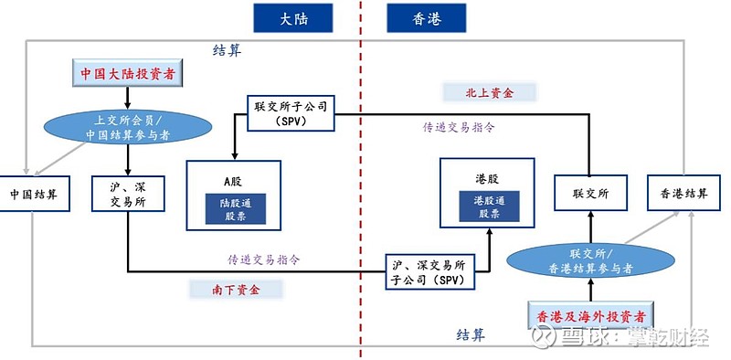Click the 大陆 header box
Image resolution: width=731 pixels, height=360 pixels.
tap(292, 17)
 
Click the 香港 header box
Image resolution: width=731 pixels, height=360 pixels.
tap(427, 17)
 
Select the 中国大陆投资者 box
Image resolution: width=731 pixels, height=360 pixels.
tap(127, 74)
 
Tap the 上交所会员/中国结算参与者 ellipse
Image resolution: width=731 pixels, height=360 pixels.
tap(127, 128)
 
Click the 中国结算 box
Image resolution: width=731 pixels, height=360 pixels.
tap(34, 194)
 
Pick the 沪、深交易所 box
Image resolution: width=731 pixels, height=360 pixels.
tap(126, 194)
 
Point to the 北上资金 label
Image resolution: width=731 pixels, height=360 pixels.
tap(490, 92)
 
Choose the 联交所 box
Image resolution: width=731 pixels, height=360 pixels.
tap(589, 194)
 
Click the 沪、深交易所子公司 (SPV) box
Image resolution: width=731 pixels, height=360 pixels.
tap(429, 271)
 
